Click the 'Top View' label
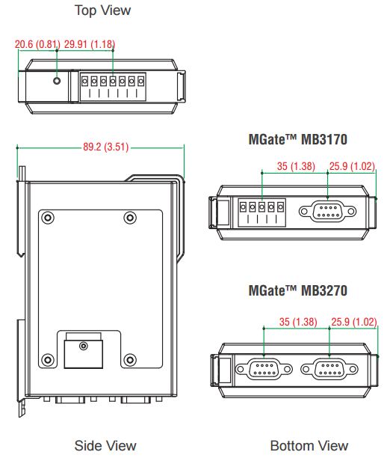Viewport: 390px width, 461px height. coord(102,10)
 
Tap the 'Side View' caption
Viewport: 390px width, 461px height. coord(105,445)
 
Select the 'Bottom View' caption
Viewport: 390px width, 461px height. coord(309,445)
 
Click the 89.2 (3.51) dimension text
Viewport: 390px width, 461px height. coord(105,147)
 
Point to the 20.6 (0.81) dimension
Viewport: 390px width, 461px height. coord(37,44)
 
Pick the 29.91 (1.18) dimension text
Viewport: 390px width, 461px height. coord(90,44)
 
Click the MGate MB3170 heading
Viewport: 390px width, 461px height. coord(298,139)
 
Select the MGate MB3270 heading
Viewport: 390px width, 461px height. coord(298,290)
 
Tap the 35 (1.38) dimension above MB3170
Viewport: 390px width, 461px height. coord(296,166)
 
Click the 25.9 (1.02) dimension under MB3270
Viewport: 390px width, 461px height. coord(354,322)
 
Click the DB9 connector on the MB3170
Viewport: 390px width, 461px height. coord(327,211)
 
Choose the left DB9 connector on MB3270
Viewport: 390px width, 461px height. coord(264,369)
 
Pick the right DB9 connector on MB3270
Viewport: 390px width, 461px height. coord(329,369)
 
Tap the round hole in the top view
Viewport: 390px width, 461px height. coord(57,80)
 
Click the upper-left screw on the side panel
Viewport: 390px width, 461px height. coord(48,218)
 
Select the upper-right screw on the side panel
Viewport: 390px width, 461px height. coord(130,218)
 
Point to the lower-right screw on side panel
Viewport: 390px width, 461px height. coord(130,359)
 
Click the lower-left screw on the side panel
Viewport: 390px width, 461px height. coord(48,359)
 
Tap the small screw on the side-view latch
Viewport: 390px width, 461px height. coord(84,346)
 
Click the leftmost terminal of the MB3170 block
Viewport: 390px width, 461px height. coord(243,207)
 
